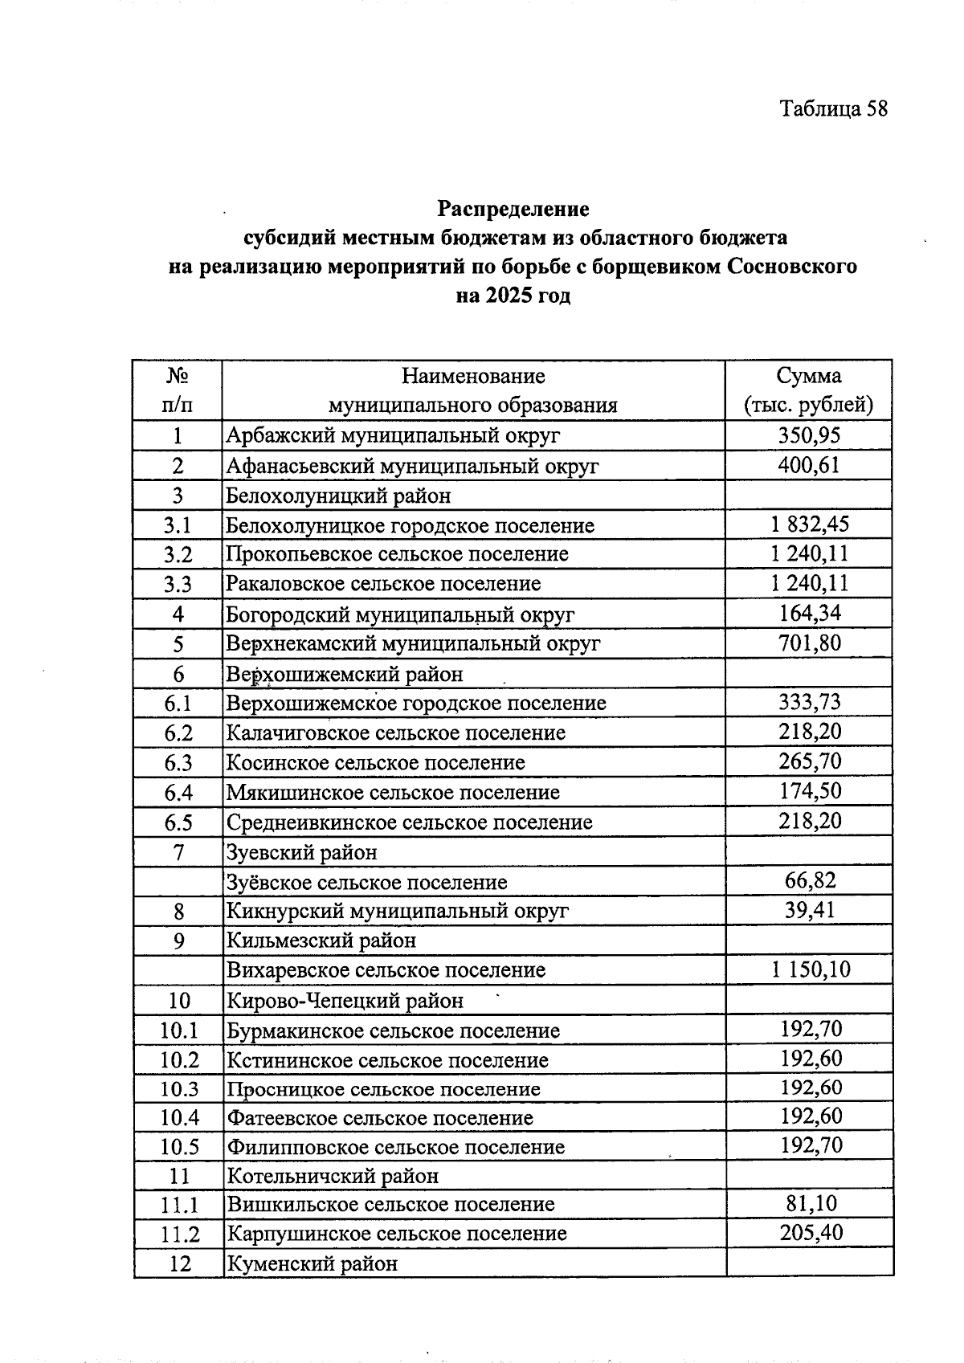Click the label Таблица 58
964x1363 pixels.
coord(833,109)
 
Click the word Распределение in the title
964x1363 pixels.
coord(513,209)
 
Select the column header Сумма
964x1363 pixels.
coord(808,376)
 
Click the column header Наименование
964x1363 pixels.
coord(473,376)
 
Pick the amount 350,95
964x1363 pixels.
coord(808,435)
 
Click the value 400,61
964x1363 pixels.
coord(808,465)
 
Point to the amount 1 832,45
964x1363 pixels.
coord(808,525)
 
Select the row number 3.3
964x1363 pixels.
coord(178,584)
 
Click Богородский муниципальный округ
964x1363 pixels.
coord(400,614)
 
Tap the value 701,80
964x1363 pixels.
coord(810,643)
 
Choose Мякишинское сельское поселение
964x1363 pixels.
coord(393,793)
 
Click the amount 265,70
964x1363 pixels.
coord(810,761)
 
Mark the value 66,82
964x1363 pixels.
coord(810,880)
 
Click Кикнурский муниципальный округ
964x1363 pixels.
coord(398,911)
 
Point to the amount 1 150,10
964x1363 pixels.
coord(810,969)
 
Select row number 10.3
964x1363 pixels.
coord(178,1089)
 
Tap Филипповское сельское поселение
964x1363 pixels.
coord(396,1147)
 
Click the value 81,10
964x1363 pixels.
coord(810,1204)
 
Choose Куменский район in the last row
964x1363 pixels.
coord(312,1264)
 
